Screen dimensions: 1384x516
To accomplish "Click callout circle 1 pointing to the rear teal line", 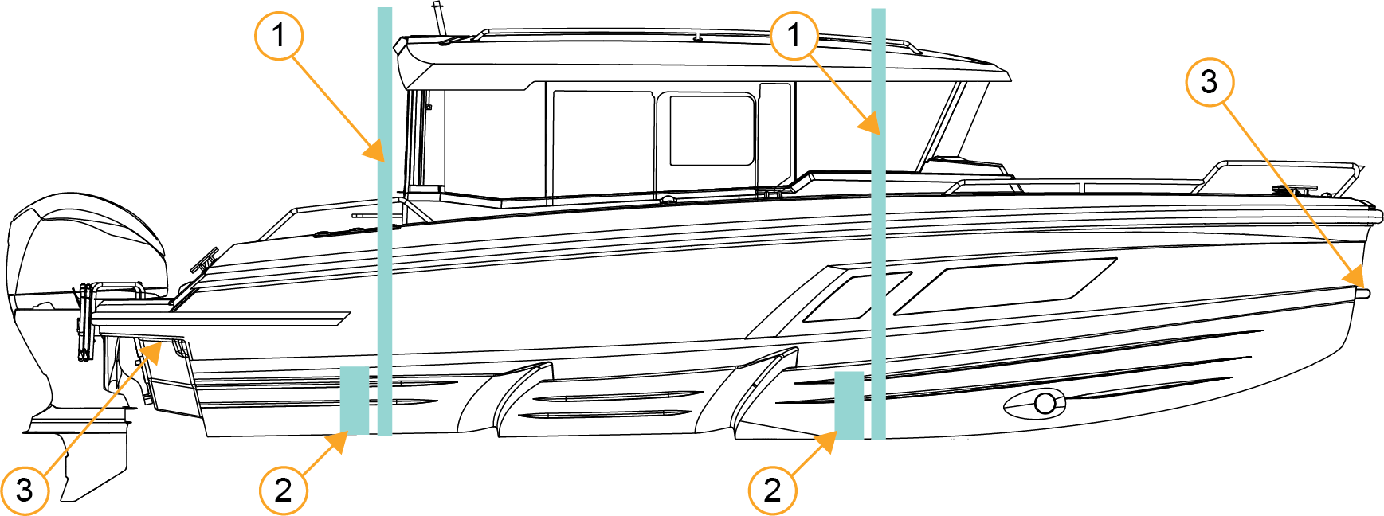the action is (278, 35).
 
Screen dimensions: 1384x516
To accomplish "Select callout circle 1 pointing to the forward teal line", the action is (794, 35).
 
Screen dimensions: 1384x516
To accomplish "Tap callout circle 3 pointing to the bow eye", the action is (1210, 81).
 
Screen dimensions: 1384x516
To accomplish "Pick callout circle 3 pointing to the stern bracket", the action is (25, 491).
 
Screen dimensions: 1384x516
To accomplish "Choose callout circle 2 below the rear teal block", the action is (283, 491).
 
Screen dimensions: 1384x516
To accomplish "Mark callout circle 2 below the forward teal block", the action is (772, 491).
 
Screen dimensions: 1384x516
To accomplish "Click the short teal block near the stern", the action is (355, 401).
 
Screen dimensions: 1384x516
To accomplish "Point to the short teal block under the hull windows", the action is (849, 405).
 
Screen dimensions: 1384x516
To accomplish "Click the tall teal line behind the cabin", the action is (385, 221).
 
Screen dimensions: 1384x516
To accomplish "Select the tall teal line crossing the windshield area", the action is (879, 224).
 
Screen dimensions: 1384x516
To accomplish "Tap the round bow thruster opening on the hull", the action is (1045, 404).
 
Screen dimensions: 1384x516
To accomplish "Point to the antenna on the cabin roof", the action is (438, 18).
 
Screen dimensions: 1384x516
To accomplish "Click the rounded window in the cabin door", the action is (712, 130).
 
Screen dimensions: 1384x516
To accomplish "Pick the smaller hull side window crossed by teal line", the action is (857, 296).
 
